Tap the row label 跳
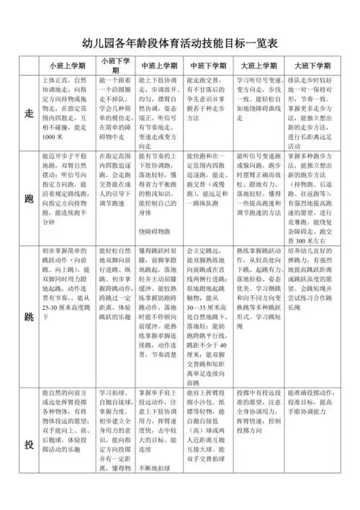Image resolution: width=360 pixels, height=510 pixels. tap(29, 316)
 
